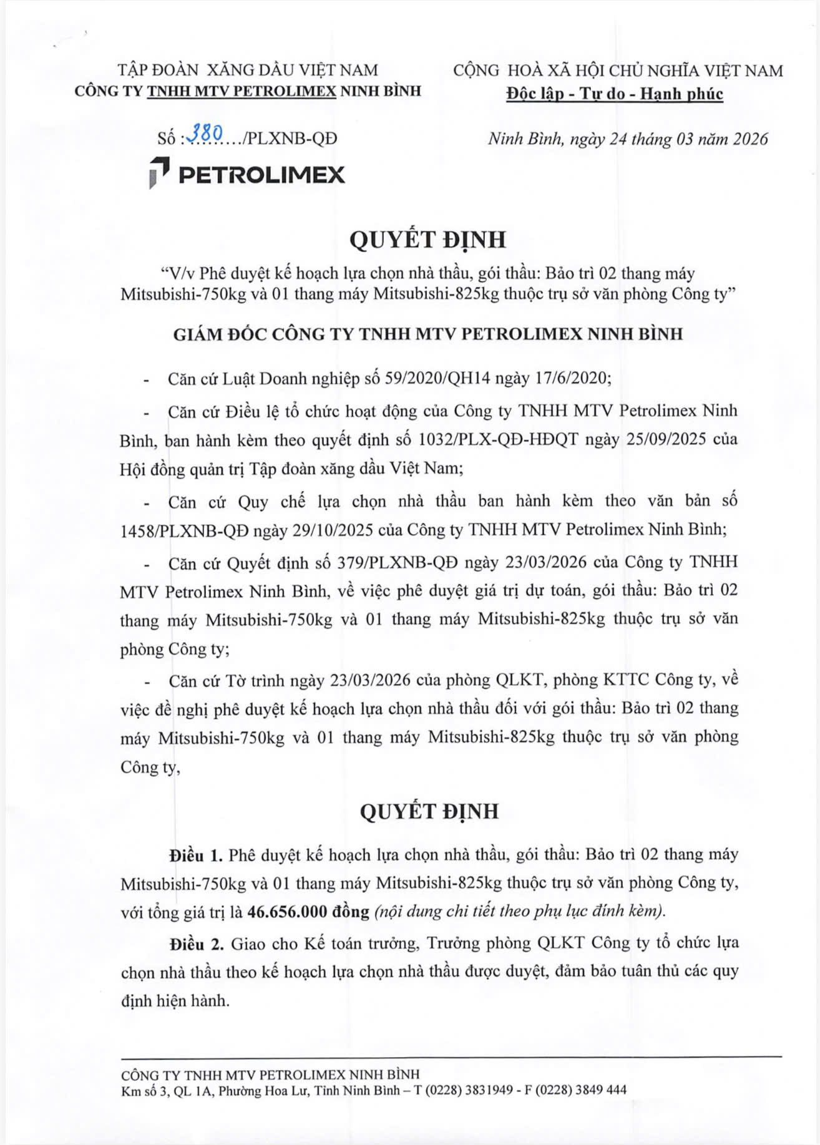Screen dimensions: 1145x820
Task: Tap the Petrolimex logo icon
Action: (160, 173)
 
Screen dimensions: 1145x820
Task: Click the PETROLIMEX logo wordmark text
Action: (261, 175)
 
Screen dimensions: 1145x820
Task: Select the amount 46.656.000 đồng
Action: (308, 912)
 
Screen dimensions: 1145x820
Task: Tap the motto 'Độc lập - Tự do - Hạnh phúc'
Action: (615, 94)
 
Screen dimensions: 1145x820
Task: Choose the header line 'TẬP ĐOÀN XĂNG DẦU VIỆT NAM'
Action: (248, 70)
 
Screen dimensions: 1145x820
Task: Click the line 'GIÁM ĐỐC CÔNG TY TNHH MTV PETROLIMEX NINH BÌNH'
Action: (427, 334)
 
